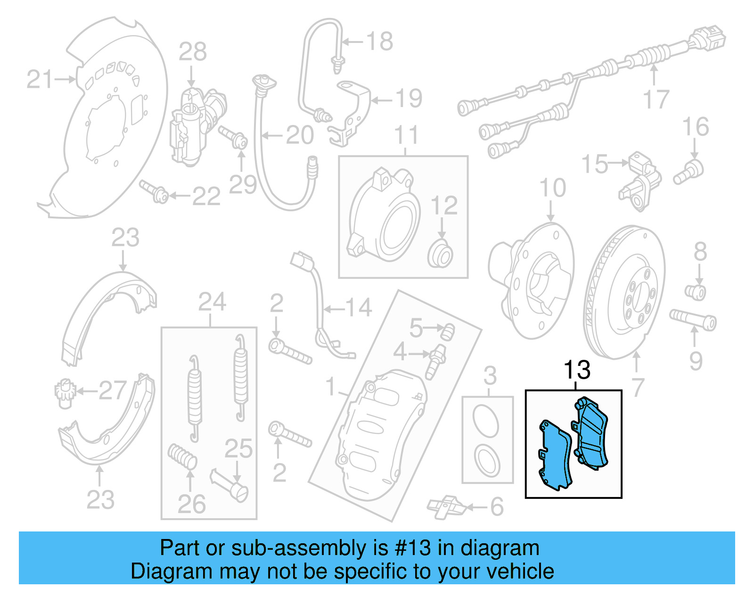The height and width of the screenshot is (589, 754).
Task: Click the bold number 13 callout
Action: (577, 370)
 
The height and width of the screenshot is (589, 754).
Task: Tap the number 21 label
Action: (40, 79)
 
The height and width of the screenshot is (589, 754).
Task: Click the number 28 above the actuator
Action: (192, 52)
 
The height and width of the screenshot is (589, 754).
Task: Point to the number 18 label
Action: (379, 41)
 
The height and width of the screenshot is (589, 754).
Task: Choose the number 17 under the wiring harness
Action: (656, 100)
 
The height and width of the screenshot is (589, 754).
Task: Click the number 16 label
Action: (695, 127)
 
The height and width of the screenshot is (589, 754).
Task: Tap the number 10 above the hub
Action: (552, 188)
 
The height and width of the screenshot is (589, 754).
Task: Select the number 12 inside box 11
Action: (444, 206)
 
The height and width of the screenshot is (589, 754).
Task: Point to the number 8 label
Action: (700, 252)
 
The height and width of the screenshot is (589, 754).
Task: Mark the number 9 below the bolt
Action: (696, 361)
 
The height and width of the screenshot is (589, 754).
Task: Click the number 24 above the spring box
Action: (212, 302)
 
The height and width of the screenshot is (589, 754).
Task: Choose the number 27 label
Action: (112, 390)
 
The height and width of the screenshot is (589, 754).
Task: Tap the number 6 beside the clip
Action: (497, 507)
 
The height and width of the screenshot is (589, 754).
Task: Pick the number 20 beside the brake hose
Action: (300, 136)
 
